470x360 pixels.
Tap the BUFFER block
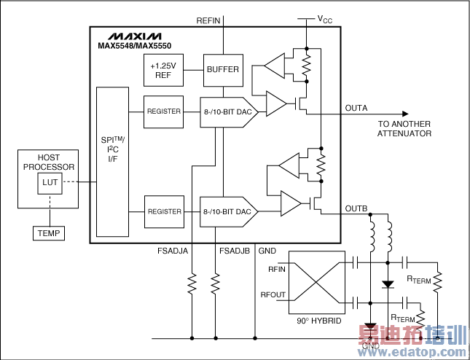(x=222, y=69)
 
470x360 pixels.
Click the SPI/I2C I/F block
(x=113, y=160)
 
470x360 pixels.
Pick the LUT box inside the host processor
(x=50, y=183)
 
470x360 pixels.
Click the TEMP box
(x=49, y=233)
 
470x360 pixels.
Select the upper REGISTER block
(x=164, y=111)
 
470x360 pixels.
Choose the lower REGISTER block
(x=164, y=211)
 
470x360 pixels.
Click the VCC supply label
(x=324, y=20)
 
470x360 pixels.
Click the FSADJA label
(x=173, y=251)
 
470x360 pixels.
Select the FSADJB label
(x=235, y=251)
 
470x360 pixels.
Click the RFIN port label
(x=278, y=269)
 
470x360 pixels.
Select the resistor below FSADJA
(x=192, y=282)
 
